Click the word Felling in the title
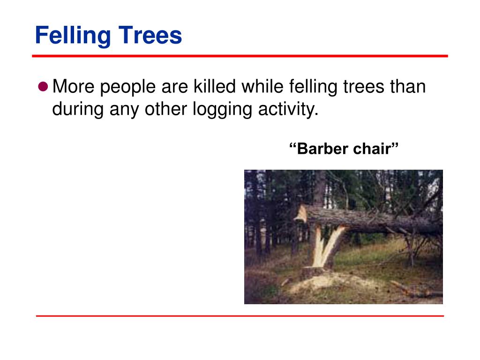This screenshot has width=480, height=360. pyautogui.click(x=73, y=36)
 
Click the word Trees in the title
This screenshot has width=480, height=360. pyautogui.click(x=150, y=35)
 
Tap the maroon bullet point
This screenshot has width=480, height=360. pyautogui.click(x=43, y=87)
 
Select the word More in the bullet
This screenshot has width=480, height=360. pyautogui.click(x=74, y=86)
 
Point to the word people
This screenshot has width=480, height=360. pyautogui.click(x=128, y=88)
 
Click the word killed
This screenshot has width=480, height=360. pyautogui.click(x=214, y=86)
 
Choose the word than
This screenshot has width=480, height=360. pyautogui.click(x=408, y=86)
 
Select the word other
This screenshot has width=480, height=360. pyautogui.click(x=165, y=109)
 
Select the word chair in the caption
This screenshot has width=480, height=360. pyautogui.click(x=375, y=149)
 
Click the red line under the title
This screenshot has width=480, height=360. pyautogui.click(x=240, y=56)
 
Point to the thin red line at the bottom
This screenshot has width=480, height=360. pyautogui.click(x=240, y=315)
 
